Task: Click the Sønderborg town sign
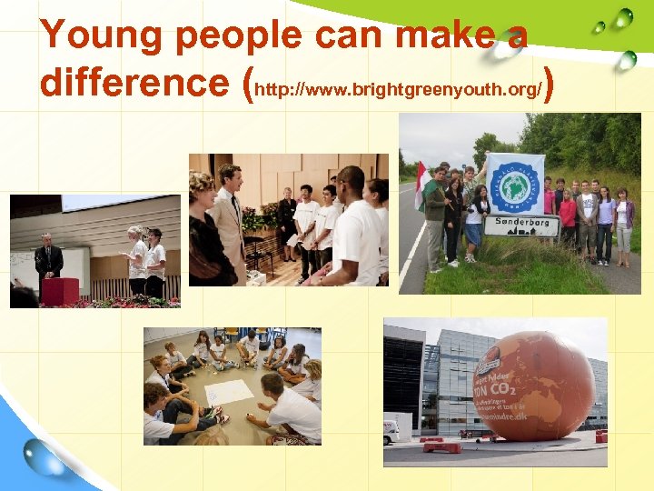tap(514, 225)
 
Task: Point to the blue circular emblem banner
tap(514, 184)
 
